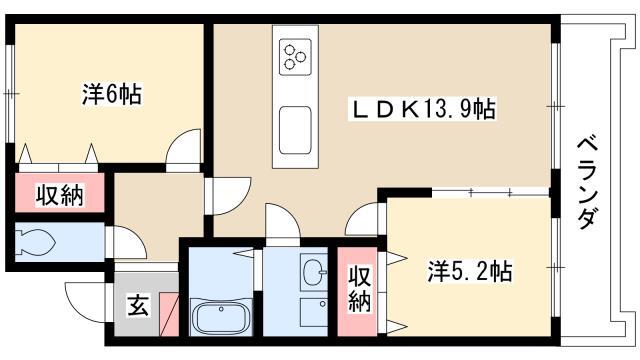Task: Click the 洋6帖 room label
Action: point(112,94)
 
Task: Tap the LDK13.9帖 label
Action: point(423,109)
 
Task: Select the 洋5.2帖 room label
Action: point(470,271)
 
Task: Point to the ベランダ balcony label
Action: point(588,182)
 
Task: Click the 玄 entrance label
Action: point(138,305)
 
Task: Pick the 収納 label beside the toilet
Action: point(60,195)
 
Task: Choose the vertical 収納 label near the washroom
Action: point(359,289)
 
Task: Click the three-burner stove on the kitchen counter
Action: point(295,57)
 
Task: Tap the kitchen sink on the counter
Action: point(295,130)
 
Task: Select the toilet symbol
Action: point(35,243)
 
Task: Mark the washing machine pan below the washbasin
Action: point(313,312)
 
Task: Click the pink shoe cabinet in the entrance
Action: point(169,314)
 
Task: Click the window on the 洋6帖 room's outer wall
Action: point(11,93)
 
